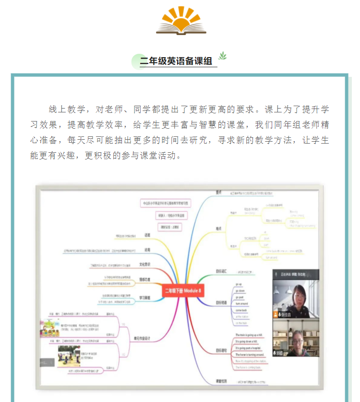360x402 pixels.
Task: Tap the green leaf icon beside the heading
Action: pos(222,56)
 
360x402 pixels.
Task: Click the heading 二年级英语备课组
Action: pos(176,61)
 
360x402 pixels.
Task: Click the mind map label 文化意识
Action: pos(145,264)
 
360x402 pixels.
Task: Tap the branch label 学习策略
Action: pos(145,298)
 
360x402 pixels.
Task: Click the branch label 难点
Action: pos(218,229)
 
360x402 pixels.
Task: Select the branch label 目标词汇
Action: pos(221,272)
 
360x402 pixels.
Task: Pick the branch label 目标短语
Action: pos(221,303)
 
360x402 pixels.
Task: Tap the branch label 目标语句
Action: pos(221,351)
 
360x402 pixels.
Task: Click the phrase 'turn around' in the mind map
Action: pos(242,305)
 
